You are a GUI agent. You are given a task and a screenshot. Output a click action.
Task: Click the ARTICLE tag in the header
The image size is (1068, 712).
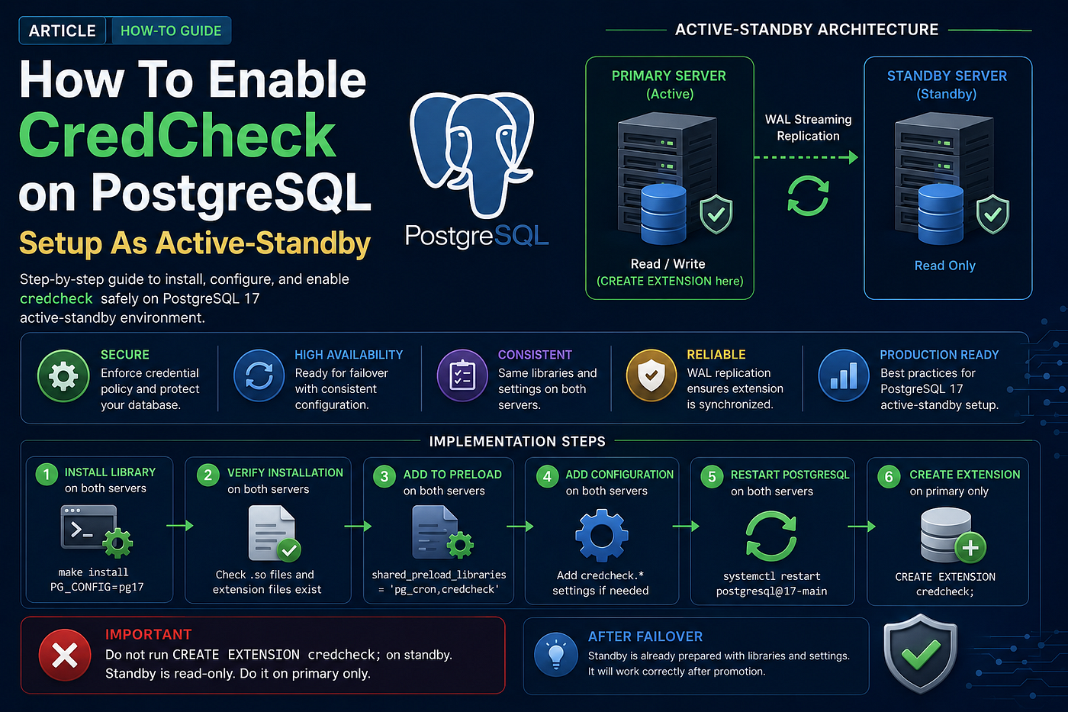point(62,31)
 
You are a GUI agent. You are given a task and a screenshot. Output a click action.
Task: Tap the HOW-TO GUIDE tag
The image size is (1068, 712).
point(171,31)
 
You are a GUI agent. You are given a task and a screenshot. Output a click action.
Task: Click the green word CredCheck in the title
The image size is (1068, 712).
point(177,135)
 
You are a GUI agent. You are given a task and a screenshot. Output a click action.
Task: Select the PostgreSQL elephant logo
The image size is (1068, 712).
point(471,155)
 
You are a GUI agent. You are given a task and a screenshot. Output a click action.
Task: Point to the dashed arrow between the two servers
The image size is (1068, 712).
point(806,157)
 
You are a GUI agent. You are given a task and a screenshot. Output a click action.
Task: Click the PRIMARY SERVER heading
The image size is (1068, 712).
point(668,76)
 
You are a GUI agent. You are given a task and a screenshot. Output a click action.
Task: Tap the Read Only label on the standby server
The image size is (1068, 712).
point(944,265)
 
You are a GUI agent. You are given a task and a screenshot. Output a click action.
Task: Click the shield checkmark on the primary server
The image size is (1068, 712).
point(716,214)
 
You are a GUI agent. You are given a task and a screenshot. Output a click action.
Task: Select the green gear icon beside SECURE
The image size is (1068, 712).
point(63,375)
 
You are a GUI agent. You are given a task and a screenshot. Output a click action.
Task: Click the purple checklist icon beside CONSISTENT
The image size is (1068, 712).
point(462,375)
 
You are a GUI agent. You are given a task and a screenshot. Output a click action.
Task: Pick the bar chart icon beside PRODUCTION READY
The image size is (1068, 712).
point(844,375)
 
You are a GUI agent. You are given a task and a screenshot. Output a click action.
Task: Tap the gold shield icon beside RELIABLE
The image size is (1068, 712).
point(651,375)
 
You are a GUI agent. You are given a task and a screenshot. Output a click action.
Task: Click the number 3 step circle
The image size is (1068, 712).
point(384,476)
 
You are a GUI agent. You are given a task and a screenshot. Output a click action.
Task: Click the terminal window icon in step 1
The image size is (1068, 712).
point(88,527)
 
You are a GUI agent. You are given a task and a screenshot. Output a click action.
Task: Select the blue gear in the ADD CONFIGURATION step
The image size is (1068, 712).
point(602,535)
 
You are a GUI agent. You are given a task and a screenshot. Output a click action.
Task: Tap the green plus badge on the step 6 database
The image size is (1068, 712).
point(970,547)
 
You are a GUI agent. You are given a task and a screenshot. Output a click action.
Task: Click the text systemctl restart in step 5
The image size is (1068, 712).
point(771,576)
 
